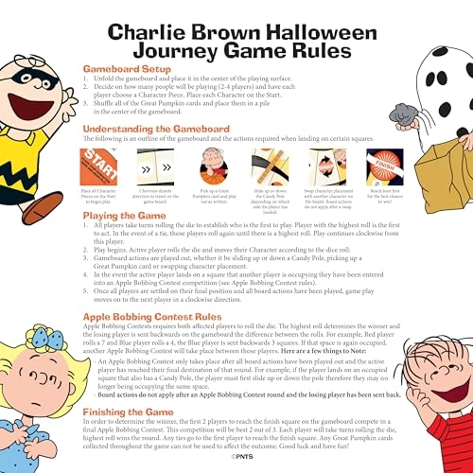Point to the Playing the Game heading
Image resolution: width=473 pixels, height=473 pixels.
point(146,216)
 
